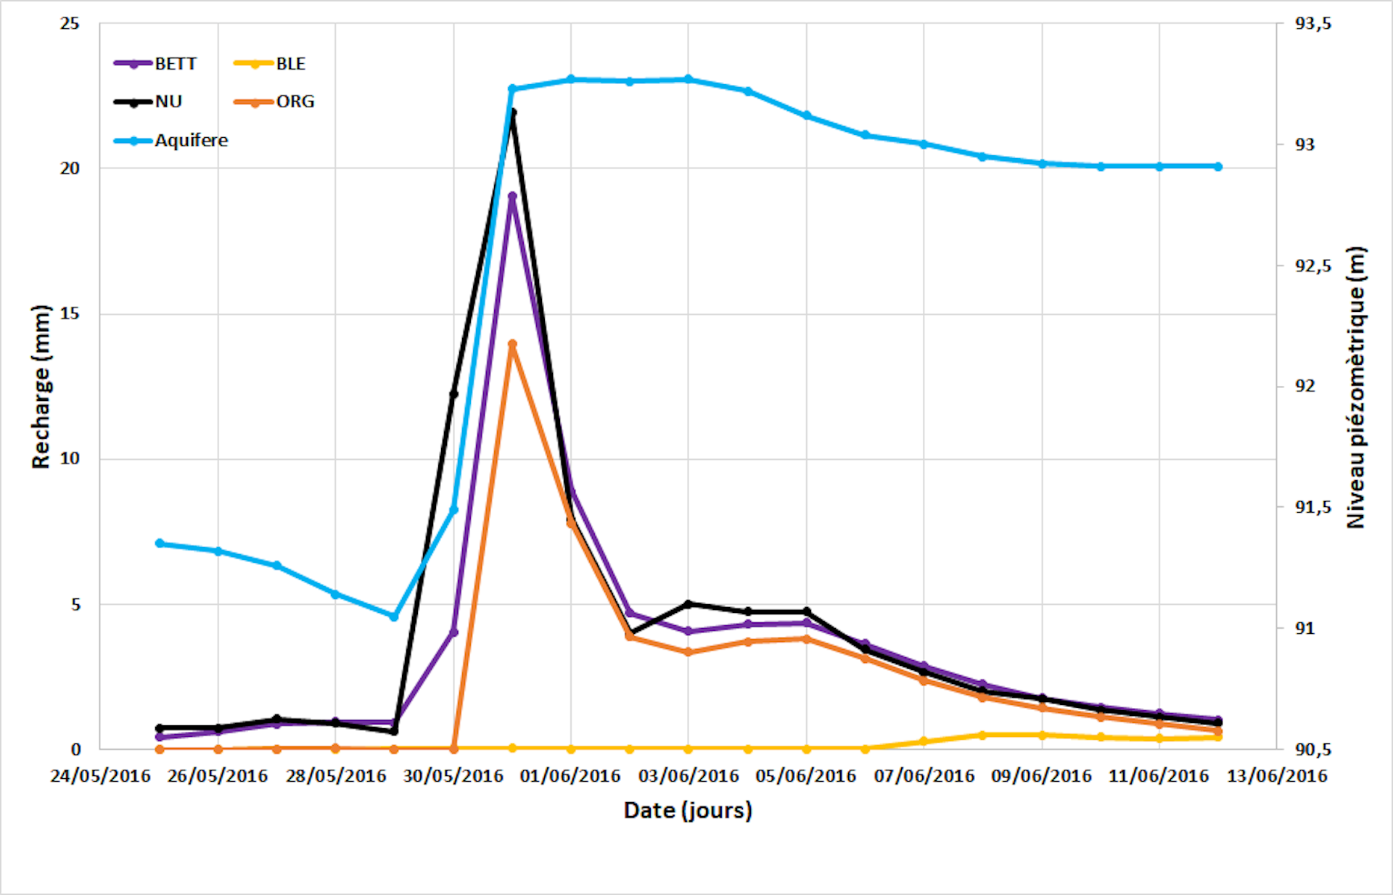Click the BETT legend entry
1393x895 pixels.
(x=155, y=64)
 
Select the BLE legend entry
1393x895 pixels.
(x=270, y=64)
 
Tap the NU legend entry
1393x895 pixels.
(x=148, y=102)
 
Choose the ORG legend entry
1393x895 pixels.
(x=274, y=102)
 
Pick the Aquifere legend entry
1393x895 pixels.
(x=171, y=141)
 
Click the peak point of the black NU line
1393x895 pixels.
(x=512, y=112)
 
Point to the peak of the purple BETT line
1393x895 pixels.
(x=512, y=196)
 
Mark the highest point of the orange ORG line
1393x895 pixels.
(x=512, y=344)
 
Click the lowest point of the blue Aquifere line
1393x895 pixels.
(x=394, y=616)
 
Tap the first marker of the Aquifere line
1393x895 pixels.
(x=160, y=543)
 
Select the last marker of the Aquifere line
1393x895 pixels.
(x=1218, y=167)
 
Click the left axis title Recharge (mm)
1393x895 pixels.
(x=41, y=387)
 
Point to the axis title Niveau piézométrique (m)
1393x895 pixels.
(x=1355, y=387)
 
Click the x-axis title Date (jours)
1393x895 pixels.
(x=688, y=810)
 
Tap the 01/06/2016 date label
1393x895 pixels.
(x=570, y=776)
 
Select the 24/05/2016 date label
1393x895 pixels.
(x=100, y=776)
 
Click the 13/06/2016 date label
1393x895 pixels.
(x=1277, y=776)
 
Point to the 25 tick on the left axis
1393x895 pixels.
(x=70, y=24)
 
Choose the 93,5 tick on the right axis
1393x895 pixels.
(x=1313, y=24)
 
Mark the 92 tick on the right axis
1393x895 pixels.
(x=1304, y=387)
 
